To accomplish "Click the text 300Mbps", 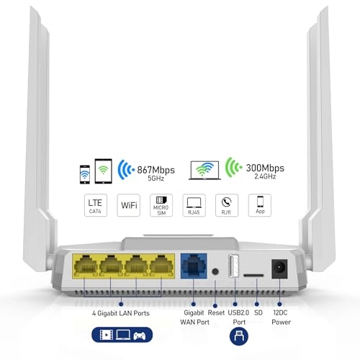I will point(265,166).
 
